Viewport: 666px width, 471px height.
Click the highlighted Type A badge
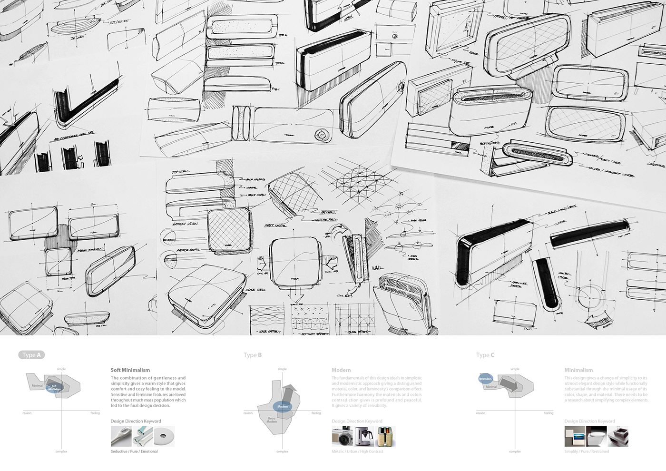(x=31, y=355)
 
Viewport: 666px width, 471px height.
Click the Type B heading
(x=253, y=355)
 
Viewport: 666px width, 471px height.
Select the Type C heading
(x=485, y=355)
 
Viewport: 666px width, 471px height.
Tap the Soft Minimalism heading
(x=130, y=370)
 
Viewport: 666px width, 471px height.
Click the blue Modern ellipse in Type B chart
(x=283, y=407)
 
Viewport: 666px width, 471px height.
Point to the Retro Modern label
(x=272, y=420)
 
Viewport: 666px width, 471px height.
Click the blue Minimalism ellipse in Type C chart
(x=485, y=379)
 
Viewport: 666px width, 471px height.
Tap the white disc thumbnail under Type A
(x=164, y=437)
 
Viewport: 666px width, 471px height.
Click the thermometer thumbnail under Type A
(x=121, y=437)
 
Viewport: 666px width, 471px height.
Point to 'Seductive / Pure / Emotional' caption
(x=134, y=451)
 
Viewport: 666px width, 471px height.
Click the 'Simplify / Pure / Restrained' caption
(x=587, y=451)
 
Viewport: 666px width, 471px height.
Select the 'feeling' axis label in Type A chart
(x=95, y=413)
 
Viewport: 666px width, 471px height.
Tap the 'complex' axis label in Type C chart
(x=515, y=451)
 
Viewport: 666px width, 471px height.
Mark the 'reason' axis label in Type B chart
(x=248, y=413)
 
